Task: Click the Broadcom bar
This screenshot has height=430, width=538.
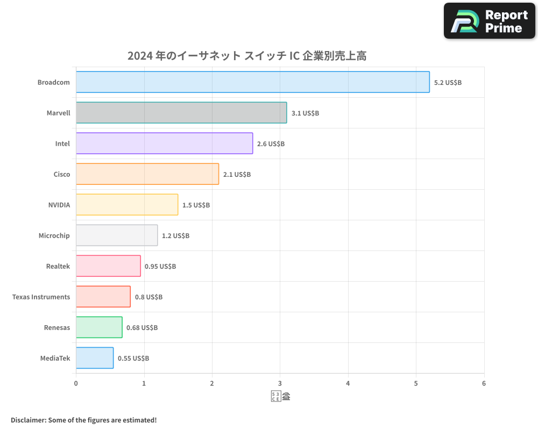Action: pos(252,82)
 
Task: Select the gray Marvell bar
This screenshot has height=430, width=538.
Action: pos(181,113)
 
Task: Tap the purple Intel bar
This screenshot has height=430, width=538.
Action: pos(164,144)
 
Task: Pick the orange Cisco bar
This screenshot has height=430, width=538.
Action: pos(147,174)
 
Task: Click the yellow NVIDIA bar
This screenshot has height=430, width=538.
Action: pos(127,205)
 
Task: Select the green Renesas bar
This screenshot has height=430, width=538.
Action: pos(99,327)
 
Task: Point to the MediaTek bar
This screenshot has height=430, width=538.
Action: pos(95,358)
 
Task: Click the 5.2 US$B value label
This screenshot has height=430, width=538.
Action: pos(448,83)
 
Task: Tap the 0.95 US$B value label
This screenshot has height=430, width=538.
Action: pos(160,267)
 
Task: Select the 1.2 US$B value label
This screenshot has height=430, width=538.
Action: pos(175,236)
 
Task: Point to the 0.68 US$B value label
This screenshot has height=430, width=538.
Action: pos(142,328)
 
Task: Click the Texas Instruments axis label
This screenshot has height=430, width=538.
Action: pos(41,297)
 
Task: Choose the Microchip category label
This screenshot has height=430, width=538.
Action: pos(54,236)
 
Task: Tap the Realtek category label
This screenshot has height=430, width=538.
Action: pos(58,267)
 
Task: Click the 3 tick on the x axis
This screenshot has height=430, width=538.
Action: pos(280,384)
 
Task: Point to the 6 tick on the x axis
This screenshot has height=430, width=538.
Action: pos(484,384)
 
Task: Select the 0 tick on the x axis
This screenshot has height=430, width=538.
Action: pos(76,384)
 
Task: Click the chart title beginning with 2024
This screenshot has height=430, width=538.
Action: pos(247,55)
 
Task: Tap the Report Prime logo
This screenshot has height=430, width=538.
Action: pos(489,21)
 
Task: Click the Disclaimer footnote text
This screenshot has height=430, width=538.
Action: pos(84,420)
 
